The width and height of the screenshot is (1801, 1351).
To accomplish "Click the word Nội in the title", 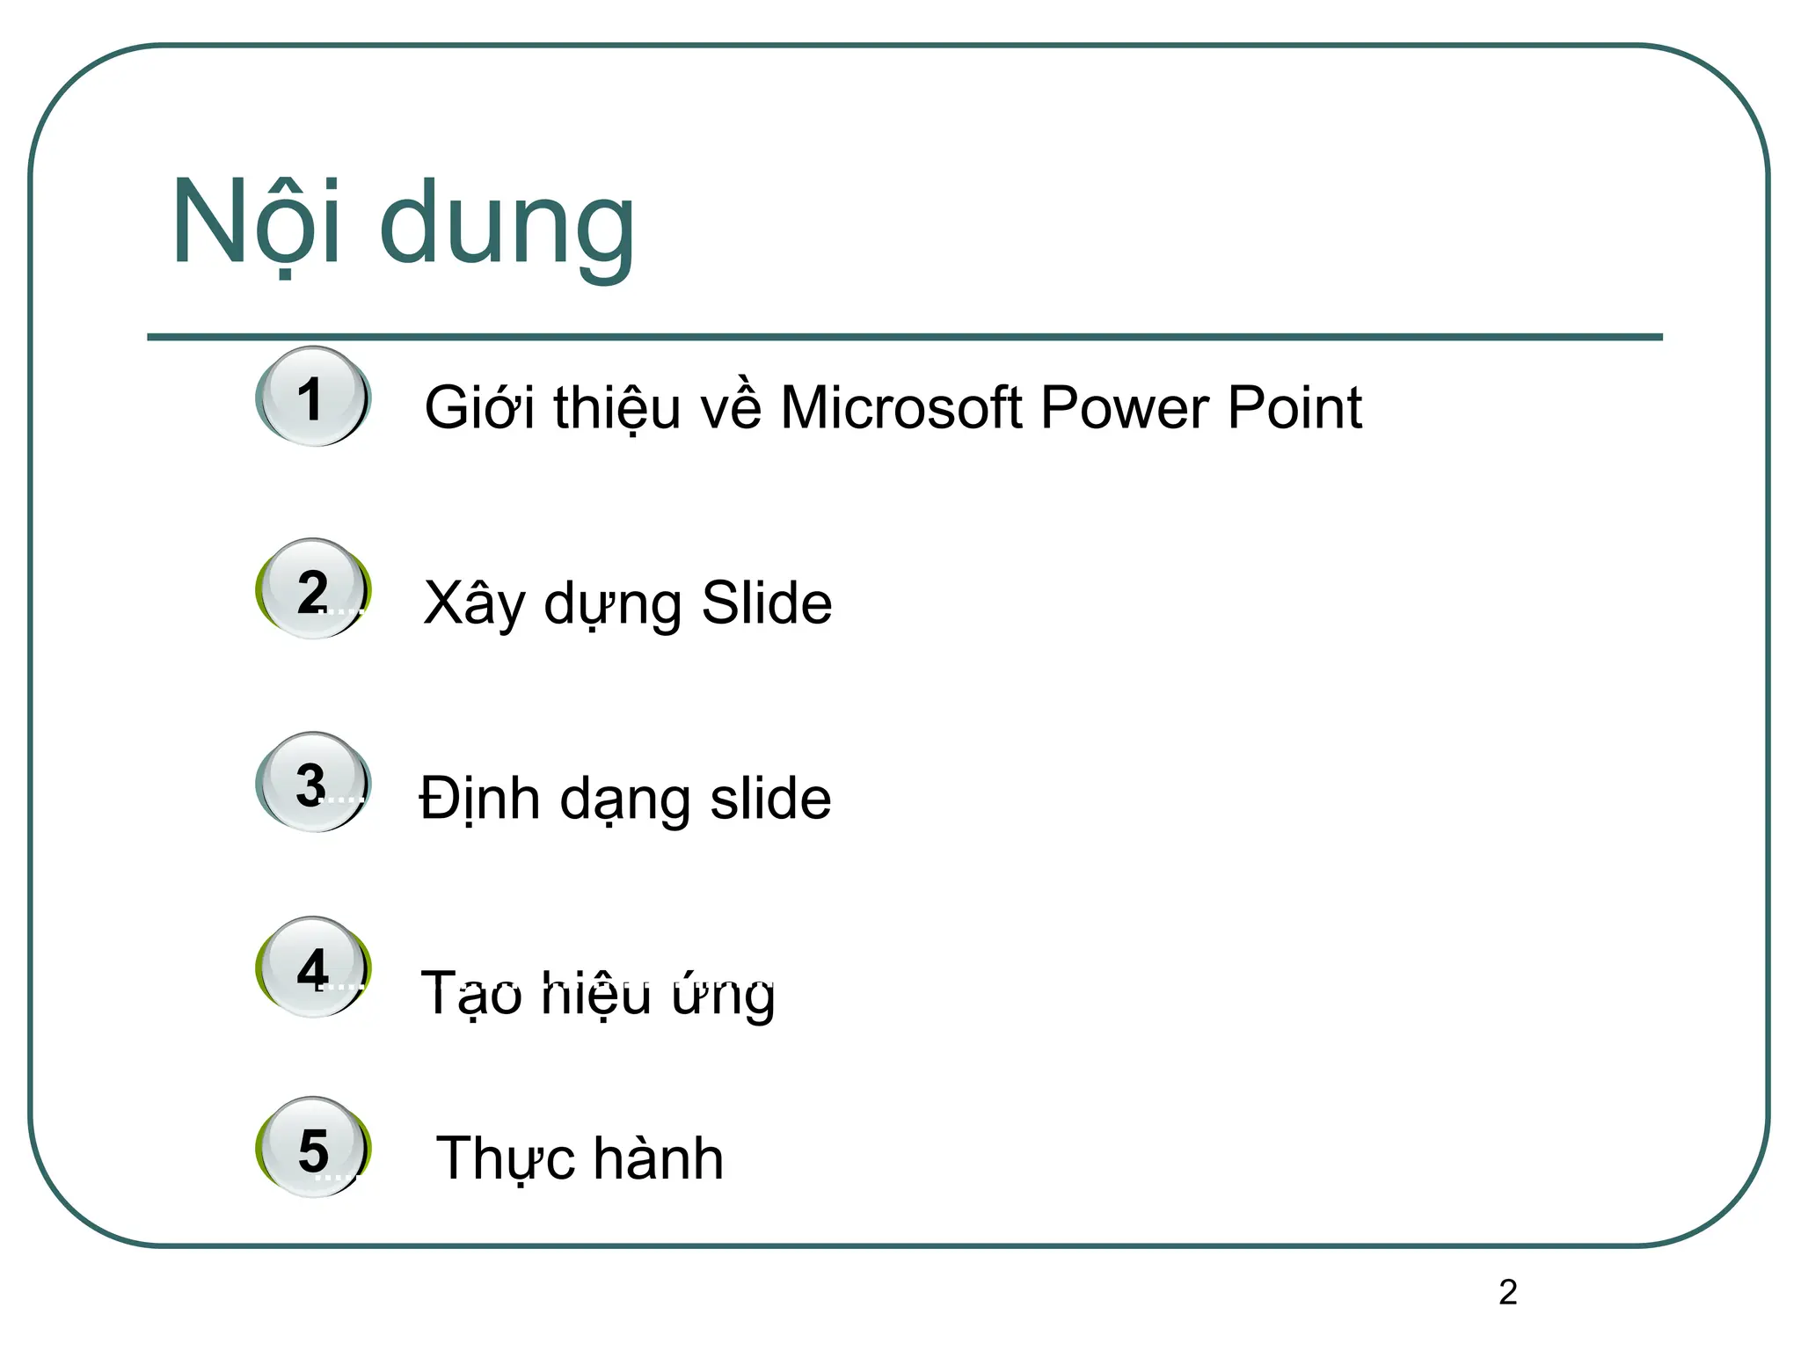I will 256,222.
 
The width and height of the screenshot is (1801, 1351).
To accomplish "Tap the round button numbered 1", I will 313,398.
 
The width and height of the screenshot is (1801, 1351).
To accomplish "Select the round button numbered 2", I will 313,589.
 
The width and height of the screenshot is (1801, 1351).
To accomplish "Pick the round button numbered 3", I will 313,783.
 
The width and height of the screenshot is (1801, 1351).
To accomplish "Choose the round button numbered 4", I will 313,968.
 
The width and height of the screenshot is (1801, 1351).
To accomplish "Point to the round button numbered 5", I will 313,1148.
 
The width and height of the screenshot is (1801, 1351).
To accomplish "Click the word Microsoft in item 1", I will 900,408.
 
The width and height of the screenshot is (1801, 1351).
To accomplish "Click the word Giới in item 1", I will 479,408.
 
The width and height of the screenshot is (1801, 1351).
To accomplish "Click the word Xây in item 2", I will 474,605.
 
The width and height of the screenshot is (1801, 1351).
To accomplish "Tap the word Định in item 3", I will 479,799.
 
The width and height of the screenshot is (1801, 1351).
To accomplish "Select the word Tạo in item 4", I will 472,994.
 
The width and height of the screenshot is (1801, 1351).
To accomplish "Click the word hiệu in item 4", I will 596,994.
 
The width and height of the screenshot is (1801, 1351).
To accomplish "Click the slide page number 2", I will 1507,1292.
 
